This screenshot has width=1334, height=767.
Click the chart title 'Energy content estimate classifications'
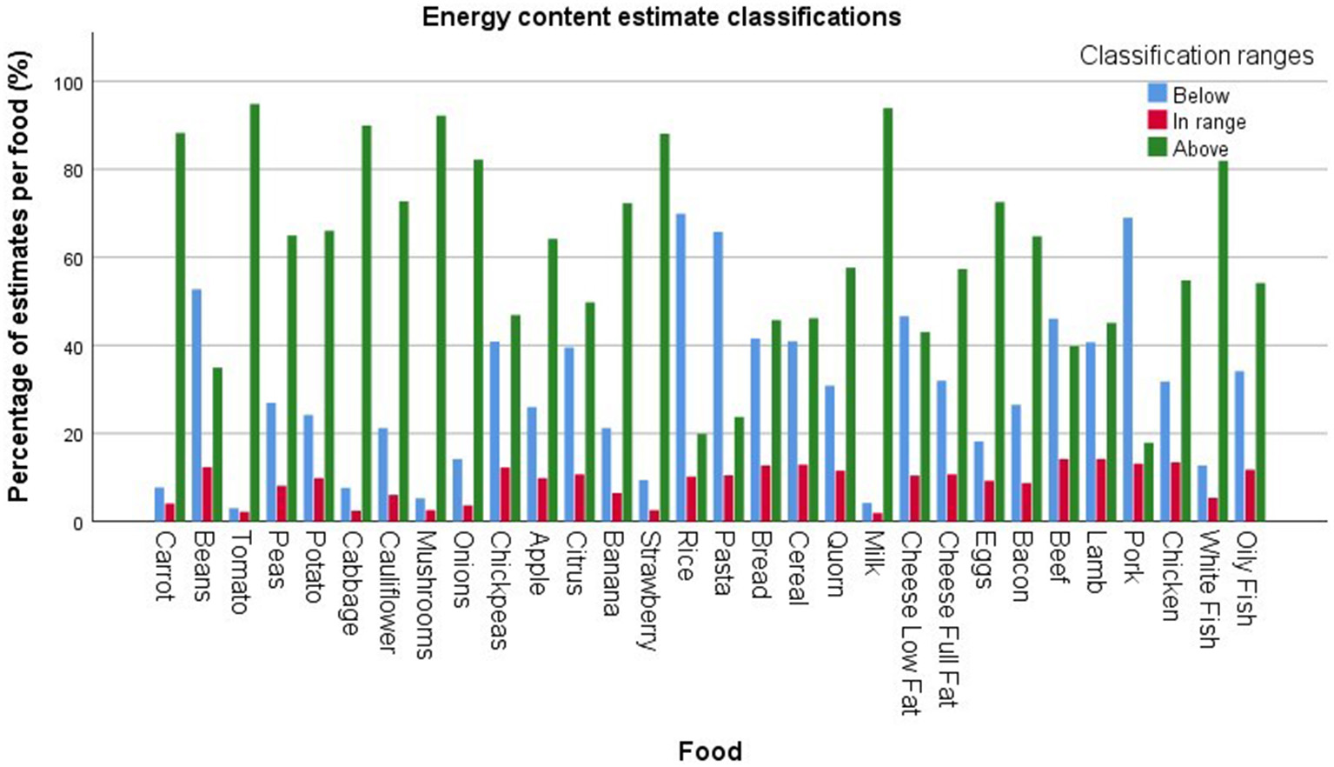click(661, 17)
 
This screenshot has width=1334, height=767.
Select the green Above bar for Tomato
click(255, 313)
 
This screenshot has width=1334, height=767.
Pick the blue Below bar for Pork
click(1127, 370)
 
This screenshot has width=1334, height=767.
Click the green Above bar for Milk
click(887, 315)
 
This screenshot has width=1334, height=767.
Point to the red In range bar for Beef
click(1063, 490)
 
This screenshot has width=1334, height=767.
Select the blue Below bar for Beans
click(196, 405)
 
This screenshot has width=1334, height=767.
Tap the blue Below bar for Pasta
click(718, 377)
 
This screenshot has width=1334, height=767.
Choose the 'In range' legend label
click(1209, 122)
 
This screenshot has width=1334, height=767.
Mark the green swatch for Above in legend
click(1157, 148)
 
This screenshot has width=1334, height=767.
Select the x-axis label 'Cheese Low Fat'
click(910, 623)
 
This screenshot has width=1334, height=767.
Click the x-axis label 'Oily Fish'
click(1245, 578)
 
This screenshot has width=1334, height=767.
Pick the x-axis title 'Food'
click(709, 750)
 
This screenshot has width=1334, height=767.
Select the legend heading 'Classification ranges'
click(1196, 56)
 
